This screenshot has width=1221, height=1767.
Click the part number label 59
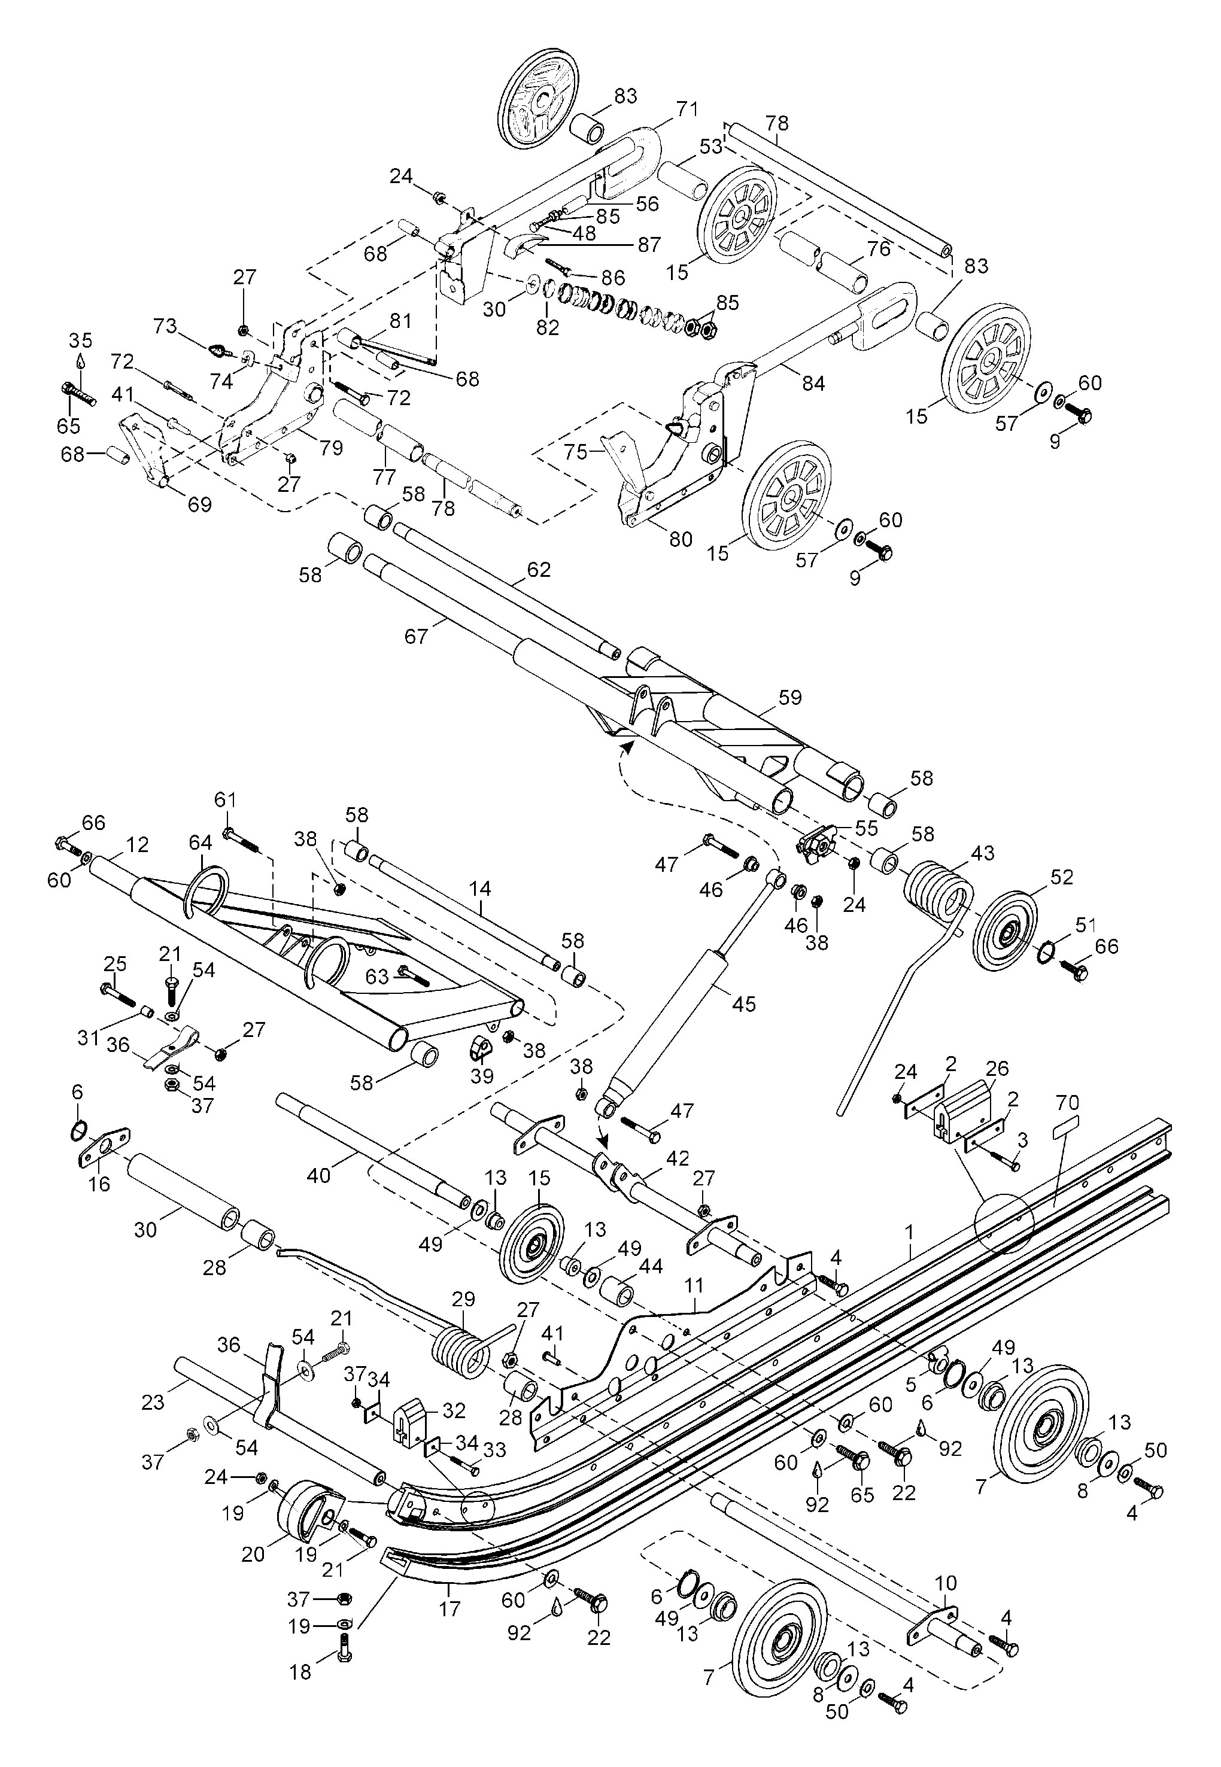point(789,697)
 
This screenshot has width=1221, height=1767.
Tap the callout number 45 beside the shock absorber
point(743,1003)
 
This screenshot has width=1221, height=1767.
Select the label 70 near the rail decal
point(1067,1103)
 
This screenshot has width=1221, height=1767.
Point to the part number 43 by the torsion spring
point(982,853)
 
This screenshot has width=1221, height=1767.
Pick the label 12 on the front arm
point(138,845)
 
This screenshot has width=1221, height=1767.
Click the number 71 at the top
point(687,110)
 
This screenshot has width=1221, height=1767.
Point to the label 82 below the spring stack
point(548,327)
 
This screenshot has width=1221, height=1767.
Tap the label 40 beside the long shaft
point(318,1175)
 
